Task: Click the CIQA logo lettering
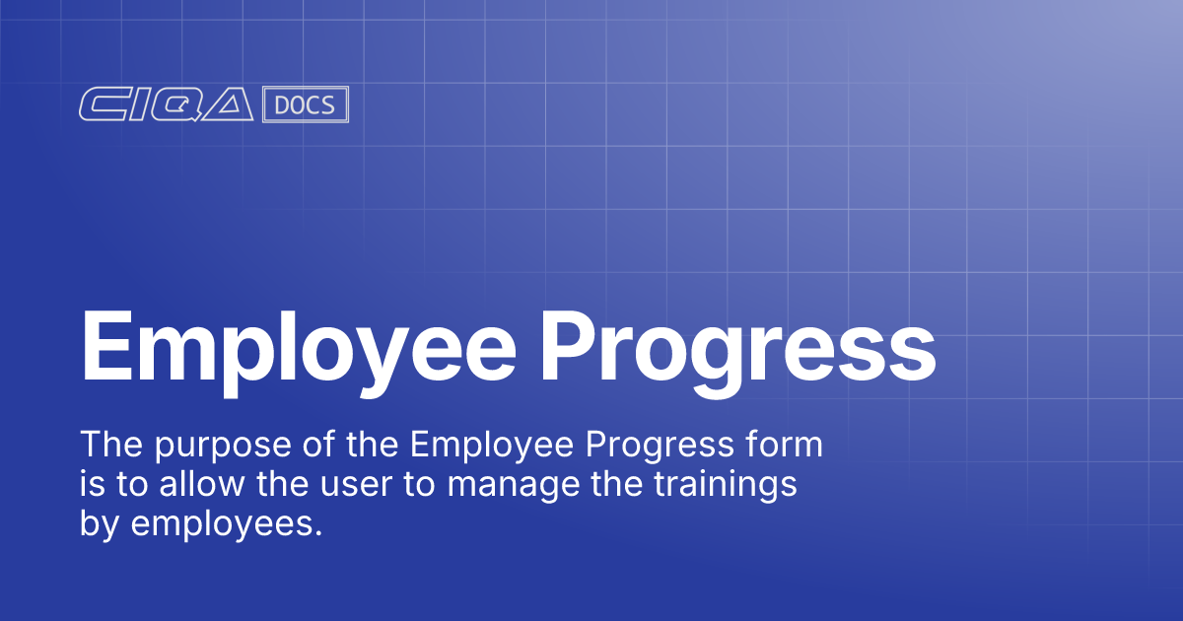[x=167, y=105]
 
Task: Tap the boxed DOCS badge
[x=306, y=105]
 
